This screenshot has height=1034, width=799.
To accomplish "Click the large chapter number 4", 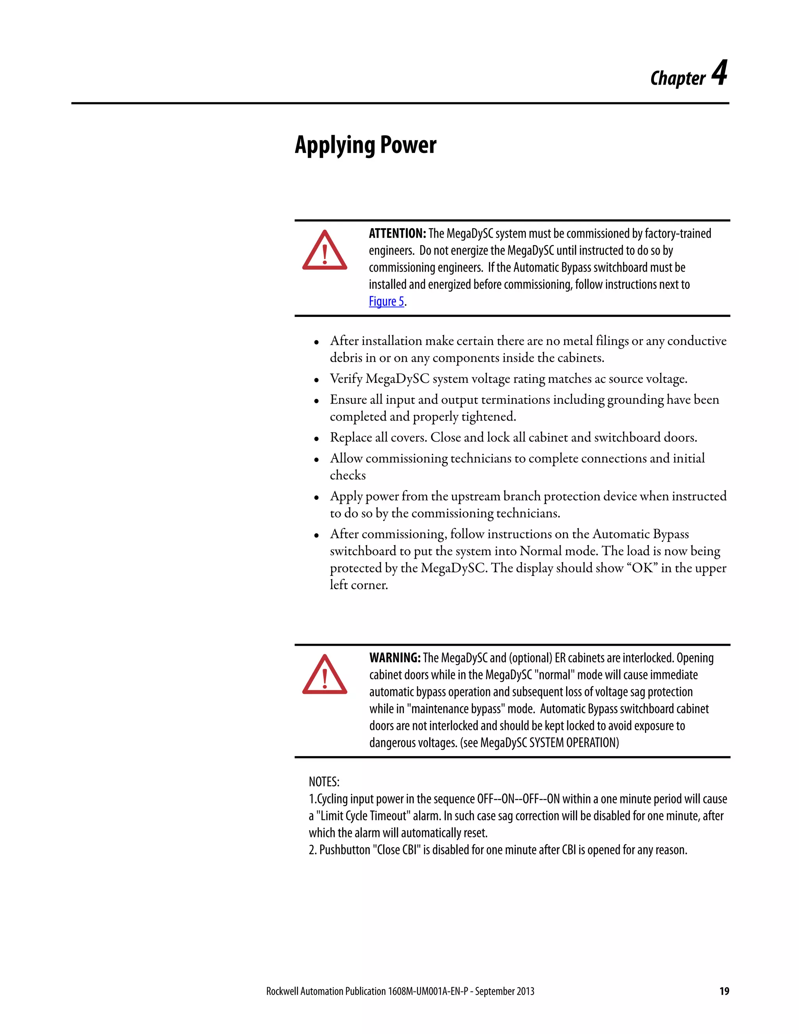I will click(x=719, y=74).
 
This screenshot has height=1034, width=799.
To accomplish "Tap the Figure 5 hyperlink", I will click(x=386, y=302).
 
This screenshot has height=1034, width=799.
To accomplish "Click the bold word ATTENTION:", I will click(x=397, y=233).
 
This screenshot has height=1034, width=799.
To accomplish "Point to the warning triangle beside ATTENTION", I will click(x=325, y=251).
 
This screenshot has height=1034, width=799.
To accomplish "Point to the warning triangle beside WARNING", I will click(x=325, y=675).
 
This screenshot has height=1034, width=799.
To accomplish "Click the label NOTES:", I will click(x=324, y=782).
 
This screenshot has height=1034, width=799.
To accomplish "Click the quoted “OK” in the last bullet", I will click(x=642, y=568).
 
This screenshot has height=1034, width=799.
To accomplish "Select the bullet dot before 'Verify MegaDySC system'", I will click(x=316, y=380).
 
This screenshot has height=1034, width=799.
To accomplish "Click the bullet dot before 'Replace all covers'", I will click(x=316, y=439).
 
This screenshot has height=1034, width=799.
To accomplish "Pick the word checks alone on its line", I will click(x=348, y=475).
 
